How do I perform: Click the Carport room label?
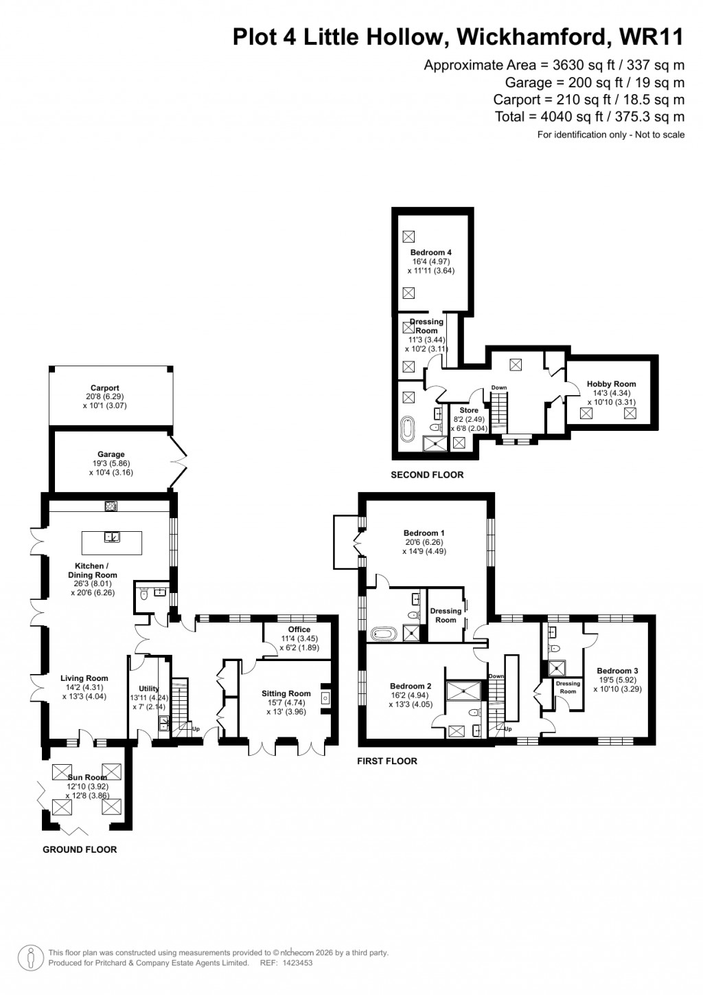tap(104, 388)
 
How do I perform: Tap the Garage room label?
tap(111, 454)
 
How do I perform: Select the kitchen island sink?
tap(111, 537)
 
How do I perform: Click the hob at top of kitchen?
tap(111, 506)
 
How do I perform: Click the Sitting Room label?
tap(286, 694)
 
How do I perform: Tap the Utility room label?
tap(149, 689)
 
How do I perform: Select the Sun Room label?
tap(87, 778)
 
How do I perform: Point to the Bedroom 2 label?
tap(411, 686)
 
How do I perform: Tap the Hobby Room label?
tap(611, 384)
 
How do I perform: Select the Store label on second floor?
tap(469, 411)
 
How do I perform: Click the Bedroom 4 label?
tap(431, 253)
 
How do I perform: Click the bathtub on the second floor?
tap(408, 431)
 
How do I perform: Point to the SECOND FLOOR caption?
tap(427, 475)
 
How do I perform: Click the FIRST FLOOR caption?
tap(387, 761)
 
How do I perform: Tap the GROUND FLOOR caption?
tap(80, 850)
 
